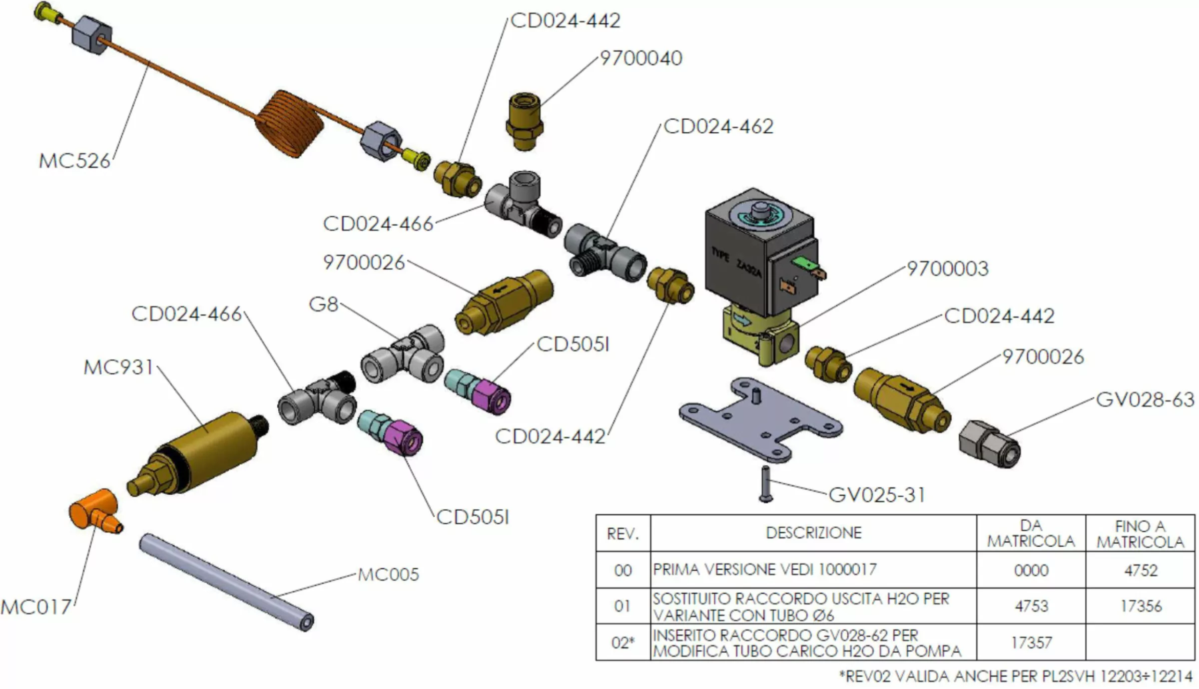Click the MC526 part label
(x=74, y=161)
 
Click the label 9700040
(x=640, y=58)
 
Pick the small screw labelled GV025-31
(x=766, y=484)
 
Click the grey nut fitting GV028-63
(x=989, y=443)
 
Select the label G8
(x=324, y=304)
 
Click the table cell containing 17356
(x=1141, y=606)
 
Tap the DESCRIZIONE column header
(x=813, y=533)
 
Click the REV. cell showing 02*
(x=623, y=643)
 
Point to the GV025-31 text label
(x=877, y=495)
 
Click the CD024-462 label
(x=718, y=126)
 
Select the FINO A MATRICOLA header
(x=1141, y=533)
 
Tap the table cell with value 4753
(x=1031, y=606)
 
